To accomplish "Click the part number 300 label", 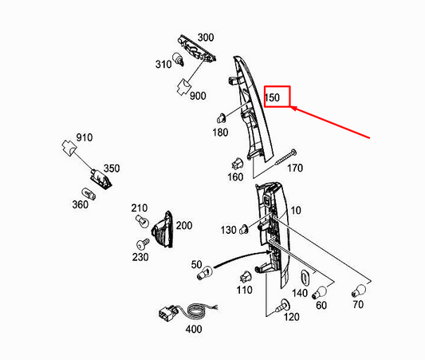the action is pyautogui.click(x=206, y=38).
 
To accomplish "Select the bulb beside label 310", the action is pyautogui.click(x=179, y=59).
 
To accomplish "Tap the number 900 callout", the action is pyautogui.click(x=198, y=96).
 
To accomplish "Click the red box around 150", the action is pyautogui.click(x=277, y=97).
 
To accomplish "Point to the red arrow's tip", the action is pyautogui.click(x=291, y=108).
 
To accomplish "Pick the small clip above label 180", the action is pyautogui.click(x=221, y=118).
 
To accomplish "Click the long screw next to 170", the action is pyautogui.click(x=285, y=157).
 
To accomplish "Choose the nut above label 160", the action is pyautogui.click(x=237, y=164).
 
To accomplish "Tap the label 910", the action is pyautogui.click(x=85, y=137).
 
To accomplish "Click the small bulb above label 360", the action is pyautogui.click(x=89, y=194).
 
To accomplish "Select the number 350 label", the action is pyautogui.click(x=112, y=168).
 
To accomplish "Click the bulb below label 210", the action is pyautogui.click(x=142, y=222).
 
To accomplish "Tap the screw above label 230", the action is pyautogui.click(x=143, y=244).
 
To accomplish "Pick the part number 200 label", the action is pyautogui.click(x=184, y=225).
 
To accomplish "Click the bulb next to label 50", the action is pyautogui.click(x=205, y=273).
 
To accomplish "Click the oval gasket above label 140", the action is pyautogui.click(x=305, y=278).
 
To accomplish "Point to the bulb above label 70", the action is pyautogui.click(x=359, y=291).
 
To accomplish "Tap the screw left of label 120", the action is pyautogui.click(x=282, y=306).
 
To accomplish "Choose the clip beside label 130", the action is pyautogui.click(x=244, y=229).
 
